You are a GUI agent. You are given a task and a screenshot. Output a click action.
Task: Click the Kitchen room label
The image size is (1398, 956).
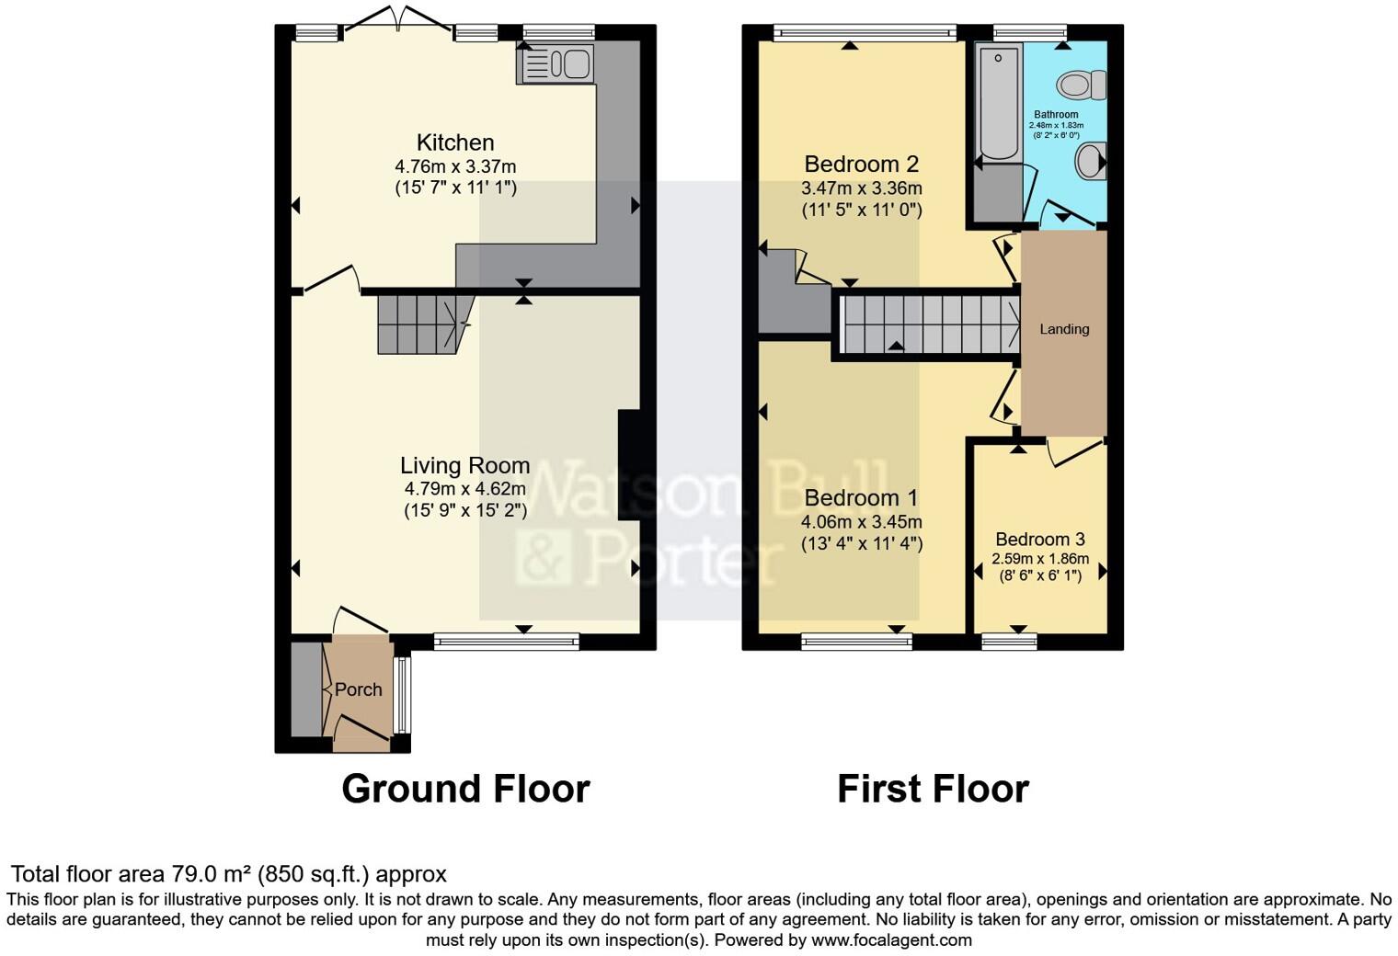pos(455,142)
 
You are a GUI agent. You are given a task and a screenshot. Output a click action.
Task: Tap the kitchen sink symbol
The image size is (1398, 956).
pos(557,64)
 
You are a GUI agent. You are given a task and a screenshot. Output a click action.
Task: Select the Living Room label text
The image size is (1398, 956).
pos(464,465)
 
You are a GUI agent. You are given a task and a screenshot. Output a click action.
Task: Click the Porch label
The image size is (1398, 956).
pos(358,689)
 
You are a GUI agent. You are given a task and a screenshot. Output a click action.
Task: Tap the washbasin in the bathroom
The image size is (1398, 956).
pos(1091,162)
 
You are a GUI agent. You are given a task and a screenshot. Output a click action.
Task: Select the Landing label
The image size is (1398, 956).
pos(1064,329)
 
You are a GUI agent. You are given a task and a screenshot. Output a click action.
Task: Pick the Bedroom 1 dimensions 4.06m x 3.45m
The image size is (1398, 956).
pos(861,522)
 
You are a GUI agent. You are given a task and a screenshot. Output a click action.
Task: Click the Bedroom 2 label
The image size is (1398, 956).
pos(861,165)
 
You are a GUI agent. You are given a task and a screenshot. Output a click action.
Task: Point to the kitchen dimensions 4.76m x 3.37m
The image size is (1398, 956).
pos(455,167)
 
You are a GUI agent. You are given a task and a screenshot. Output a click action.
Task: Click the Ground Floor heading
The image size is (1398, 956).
pos(465,789)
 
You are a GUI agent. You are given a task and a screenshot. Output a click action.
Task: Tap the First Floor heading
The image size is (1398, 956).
pos(933,789)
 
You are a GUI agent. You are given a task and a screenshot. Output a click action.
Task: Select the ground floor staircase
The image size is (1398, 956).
pos(418,324)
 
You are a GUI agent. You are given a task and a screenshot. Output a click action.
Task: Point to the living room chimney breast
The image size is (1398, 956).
pos(629,465)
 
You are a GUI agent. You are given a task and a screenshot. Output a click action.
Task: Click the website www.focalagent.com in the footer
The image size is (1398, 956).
pos(891,940)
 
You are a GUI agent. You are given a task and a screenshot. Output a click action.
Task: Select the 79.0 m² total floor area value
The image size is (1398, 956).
pos(211,874)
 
